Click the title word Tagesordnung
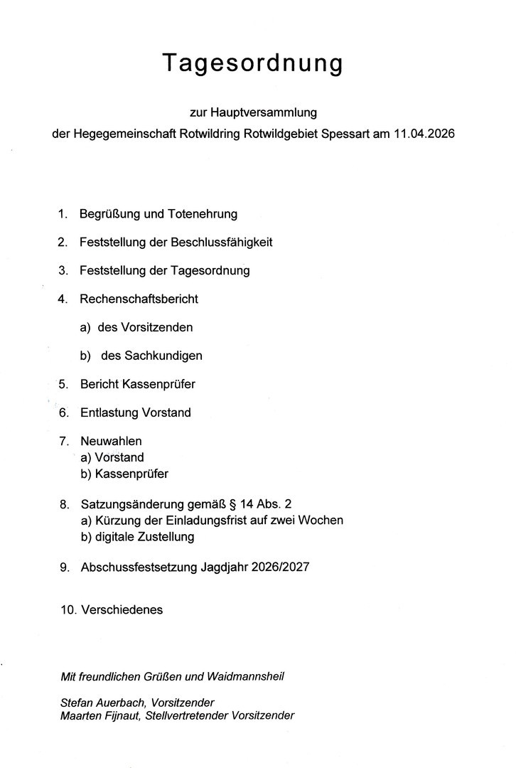point(253,63)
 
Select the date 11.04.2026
point(423,134)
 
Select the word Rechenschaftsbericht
point(139,299)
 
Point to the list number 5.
point(63,384)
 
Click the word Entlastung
point(109,412)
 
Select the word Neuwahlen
point(111,442)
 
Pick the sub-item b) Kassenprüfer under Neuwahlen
point(124,473)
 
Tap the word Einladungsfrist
point(217,521)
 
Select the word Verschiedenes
point(122,609)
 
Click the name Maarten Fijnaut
point(100,716)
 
